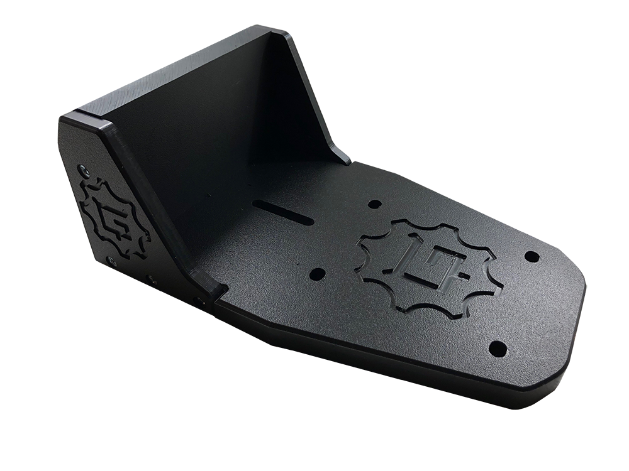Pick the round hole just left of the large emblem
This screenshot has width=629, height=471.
click(x=318, y=274)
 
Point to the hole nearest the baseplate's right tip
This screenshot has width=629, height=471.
click(x=531, y=256)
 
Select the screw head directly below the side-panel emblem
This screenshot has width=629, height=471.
click(x=111, y=261)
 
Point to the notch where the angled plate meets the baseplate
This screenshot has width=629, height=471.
click(x=217, y=291)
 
